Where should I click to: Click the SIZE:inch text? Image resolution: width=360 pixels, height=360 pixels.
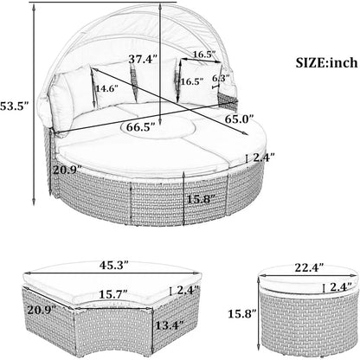click(x=326, y=63)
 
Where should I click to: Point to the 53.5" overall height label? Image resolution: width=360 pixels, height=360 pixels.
click(x=14, y=106)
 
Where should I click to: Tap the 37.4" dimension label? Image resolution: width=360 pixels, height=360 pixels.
click(x=143, y=60)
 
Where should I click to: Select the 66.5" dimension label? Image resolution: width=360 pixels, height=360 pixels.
click(x=140, y=127)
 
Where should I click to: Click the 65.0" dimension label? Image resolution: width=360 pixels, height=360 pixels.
click(x=239, y=119)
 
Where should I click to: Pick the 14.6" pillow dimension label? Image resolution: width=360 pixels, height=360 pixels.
click(x=107, y=88)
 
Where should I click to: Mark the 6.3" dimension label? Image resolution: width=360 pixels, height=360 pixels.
click(x=221, y=78)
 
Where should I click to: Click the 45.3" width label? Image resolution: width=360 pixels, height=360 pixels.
click(x=114, y=265)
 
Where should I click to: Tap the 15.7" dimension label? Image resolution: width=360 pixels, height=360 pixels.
click(x=113, y=294)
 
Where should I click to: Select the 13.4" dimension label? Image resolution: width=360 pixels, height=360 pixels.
click(x=170, y=325)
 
